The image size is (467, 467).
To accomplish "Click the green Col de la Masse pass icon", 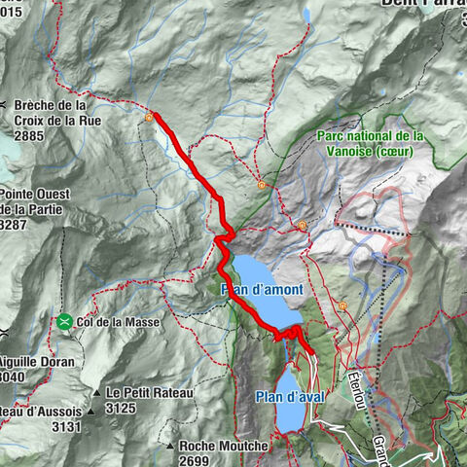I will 64,322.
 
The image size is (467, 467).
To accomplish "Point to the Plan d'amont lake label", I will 262,290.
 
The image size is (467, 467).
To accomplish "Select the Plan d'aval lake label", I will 288,395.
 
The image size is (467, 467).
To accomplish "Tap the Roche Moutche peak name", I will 223,446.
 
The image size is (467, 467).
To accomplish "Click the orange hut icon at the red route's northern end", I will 149,118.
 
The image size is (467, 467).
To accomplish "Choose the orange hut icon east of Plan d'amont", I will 342,305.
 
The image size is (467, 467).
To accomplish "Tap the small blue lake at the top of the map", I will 307,15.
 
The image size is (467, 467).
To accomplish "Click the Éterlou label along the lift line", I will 356,381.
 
